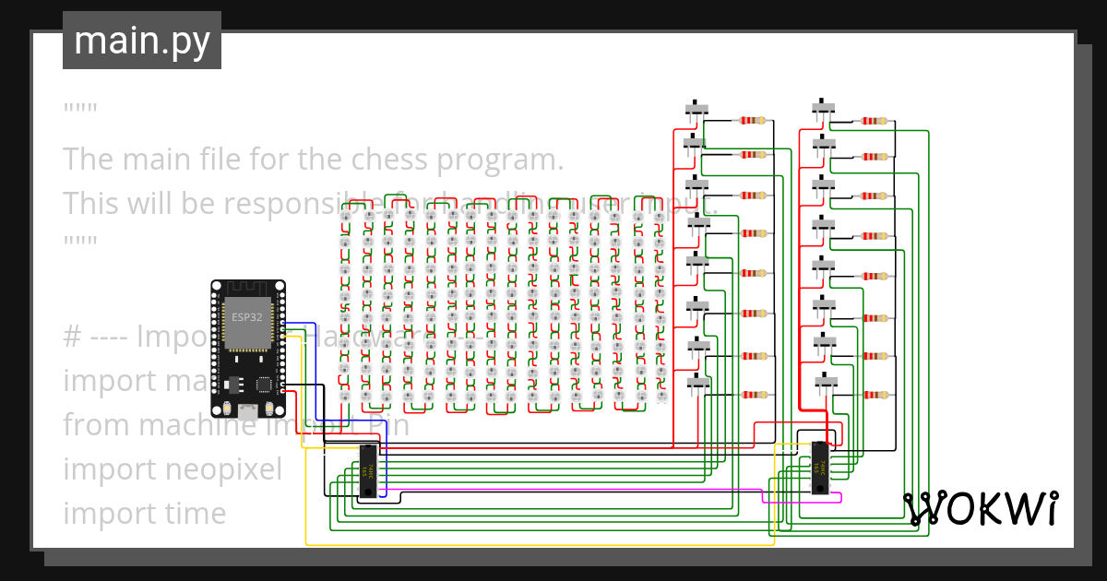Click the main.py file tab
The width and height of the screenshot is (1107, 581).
pos(141,41)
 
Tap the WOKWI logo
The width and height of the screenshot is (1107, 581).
pos(980,508)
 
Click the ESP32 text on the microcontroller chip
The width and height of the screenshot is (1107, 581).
pos(245,317)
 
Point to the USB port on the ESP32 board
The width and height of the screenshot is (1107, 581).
pos(247,412)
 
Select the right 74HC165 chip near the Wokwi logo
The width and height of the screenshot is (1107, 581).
pos(818,468)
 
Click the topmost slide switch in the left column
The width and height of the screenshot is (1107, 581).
pos(696,110)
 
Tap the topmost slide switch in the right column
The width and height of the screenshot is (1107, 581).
pos(824,110)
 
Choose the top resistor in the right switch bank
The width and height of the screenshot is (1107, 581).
pos(874,120)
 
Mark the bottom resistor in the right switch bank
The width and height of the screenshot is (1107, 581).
pos(874,395)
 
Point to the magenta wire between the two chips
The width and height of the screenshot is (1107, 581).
pos(572,488)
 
